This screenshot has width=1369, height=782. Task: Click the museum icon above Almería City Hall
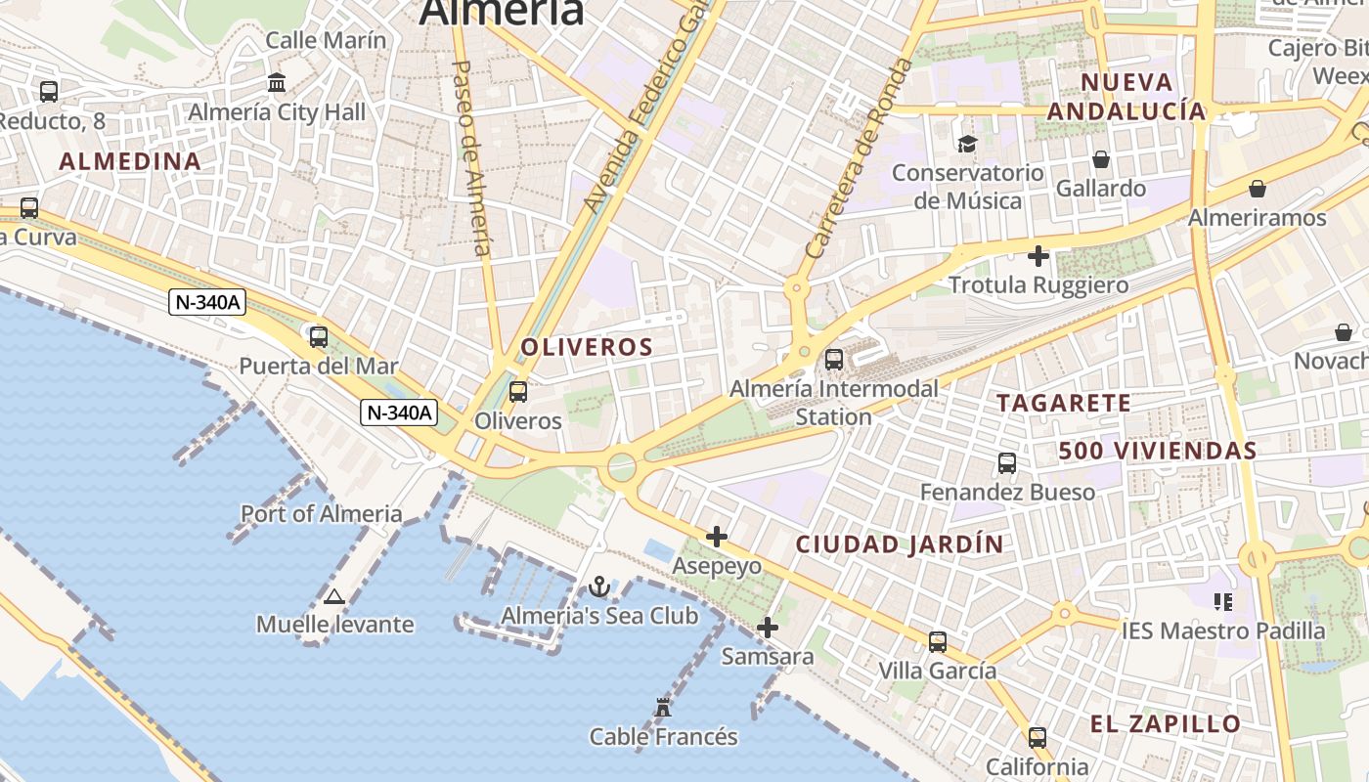click(277, 82)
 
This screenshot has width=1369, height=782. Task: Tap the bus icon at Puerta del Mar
click(319, 337)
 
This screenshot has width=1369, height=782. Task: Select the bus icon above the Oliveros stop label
click(518, 392)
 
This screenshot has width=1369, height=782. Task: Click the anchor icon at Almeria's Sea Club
click(599, 586)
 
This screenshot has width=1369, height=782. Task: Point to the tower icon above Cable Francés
click(663, 707)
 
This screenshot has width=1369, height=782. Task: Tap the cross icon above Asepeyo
click(717, 537)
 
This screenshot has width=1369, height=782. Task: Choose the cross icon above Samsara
click(768, 628)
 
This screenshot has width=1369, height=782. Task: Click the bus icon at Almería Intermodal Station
click(834, 360)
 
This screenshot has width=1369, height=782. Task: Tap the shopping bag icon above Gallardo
click(1101, 159)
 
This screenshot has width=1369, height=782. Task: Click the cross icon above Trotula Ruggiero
click(1038, 256)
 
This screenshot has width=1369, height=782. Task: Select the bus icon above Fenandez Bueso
click(1007, 463)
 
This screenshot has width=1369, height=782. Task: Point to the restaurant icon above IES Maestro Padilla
click(1222, 601)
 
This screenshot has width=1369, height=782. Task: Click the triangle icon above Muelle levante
click(334, 596)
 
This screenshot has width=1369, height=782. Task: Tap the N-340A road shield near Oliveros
click(399, 413)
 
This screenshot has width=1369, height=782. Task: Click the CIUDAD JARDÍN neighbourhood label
click(900, 544)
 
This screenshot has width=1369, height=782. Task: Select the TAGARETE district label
click(1064, 403)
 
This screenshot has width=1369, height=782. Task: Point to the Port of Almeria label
click(322, 513)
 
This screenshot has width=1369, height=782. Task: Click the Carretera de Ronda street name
click(859, 158)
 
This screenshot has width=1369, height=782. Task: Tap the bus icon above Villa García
click(938, 642)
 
